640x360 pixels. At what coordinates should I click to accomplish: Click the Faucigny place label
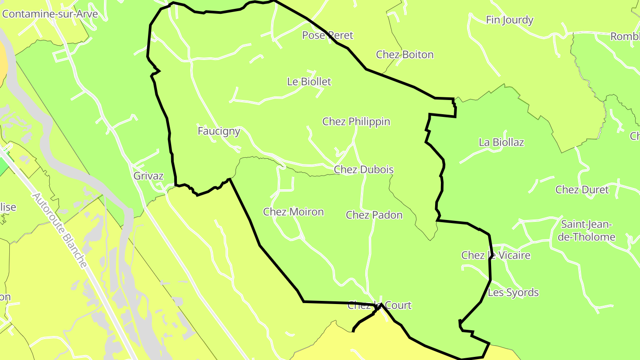(219, 131)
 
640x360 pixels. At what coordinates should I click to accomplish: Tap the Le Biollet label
(309, 82)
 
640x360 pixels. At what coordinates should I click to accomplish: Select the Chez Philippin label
(356, 121)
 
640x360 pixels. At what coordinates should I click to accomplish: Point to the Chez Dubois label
(364, 169)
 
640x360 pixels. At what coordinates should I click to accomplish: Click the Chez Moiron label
(293, 212)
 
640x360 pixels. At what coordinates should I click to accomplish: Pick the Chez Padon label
(374, 215)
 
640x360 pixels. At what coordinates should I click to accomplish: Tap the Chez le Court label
(379, 305)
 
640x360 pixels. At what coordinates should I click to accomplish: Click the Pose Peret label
(328, 35)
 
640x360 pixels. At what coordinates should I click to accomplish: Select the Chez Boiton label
(404, 55)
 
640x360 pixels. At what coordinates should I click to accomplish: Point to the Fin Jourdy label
(509, 20)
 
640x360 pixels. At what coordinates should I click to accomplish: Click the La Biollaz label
(501, 142)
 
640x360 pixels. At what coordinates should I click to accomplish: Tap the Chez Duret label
(582, 190)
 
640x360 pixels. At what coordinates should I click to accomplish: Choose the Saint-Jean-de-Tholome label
(586, 230)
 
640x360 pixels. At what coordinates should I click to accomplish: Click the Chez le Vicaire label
(496, 255)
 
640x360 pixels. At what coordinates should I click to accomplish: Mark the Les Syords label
(513, 292)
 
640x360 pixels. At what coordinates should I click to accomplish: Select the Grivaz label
(148, 176)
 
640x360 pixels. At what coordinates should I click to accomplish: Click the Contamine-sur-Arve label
(50, 14)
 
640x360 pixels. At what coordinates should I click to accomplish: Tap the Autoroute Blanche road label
(59, 230)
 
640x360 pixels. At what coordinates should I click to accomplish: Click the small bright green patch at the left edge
(3, 166)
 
